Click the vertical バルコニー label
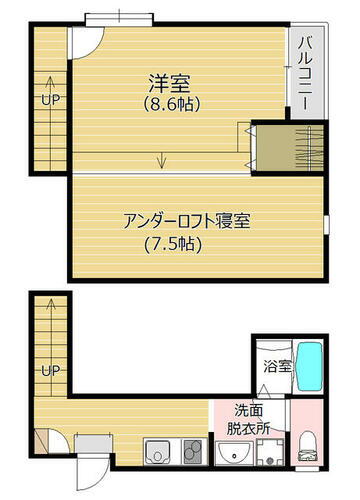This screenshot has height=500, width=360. click(304, 69)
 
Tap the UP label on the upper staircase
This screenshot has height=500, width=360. click(47, 100)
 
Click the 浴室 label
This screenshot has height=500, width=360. click(276, 367)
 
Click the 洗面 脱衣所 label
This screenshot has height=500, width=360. click(249, 418)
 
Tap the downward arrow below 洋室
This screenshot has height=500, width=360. click(161, 159)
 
